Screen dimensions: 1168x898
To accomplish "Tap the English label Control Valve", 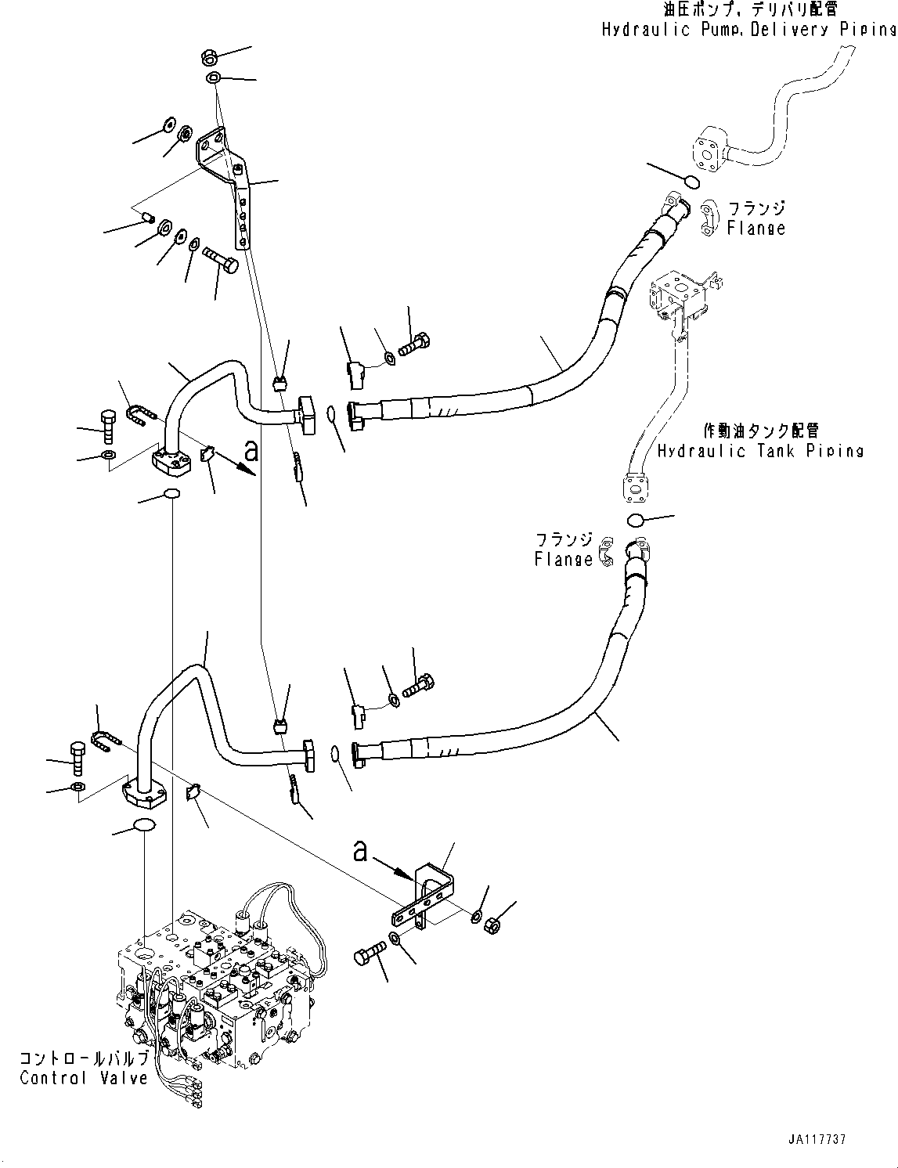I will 84,1078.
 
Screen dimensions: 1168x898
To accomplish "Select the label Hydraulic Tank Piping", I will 760,452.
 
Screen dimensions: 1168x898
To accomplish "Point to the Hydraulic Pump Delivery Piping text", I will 748,30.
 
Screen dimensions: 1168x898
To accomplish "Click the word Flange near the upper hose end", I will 756,229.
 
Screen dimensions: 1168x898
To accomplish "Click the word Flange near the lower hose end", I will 564,560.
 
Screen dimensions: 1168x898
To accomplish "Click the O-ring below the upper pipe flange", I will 171,494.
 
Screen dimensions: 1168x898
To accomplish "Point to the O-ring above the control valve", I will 144,825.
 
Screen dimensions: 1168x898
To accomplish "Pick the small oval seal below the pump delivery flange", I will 691,182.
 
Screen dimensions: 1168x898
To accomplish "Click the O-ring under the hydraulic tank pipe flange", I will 635,521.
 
